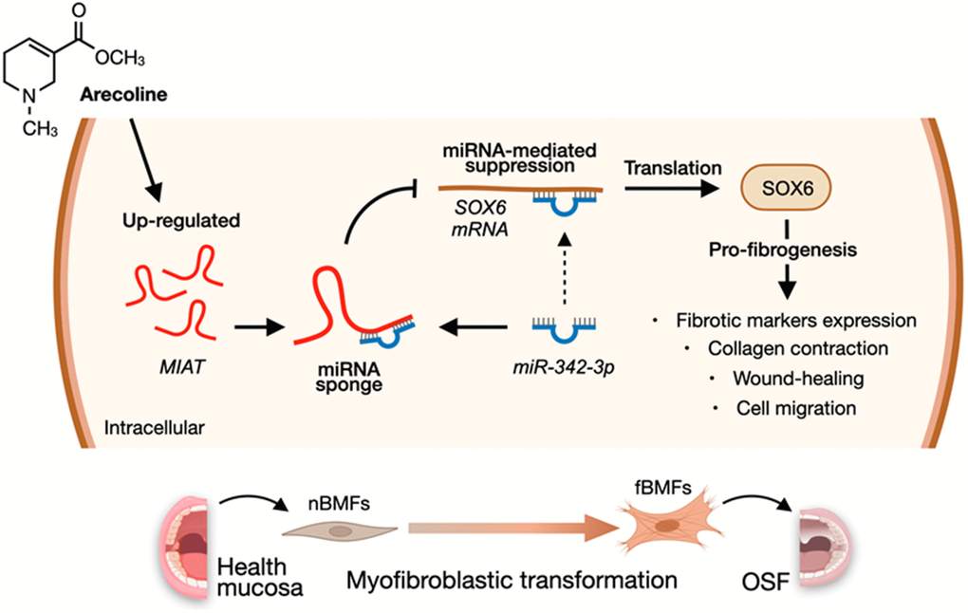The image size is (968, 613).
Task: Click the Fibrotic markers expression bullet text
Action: pyautogui.click(x=797, y=319)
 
